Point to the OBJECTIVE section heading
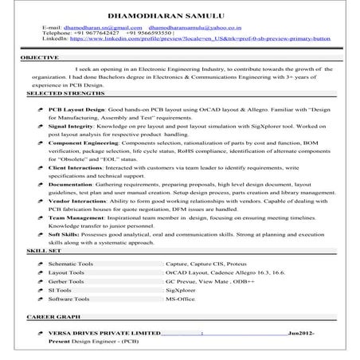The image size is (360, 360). pos(39,58)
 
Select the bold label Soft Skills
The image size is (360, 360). pos(64,235)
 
